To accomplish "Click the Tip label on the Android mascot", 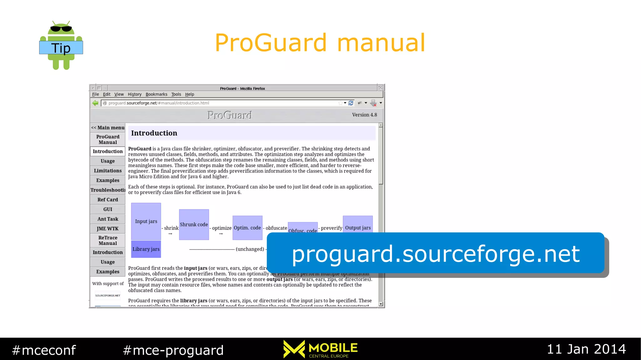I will click(61, 48).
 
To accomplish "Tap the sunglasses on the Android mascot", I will click(61, 29).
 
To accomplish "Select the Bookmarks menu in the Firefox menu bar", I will click(156, 94).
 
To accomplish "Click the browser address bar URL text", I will click(159, 103).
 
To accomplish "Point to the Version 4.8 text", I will click(364, 115).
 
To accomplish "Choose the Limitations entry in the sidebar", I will click(108, 171).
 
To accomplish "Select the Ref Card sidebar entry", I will click(108, 200).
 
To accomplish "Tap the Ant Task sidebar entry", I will click(108, 219).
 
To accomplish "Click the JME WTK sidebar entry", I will click(108, 229).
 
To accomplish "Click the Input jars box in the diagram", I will click(146, 221).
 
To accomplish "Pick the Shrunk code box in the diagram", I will click(194, 224).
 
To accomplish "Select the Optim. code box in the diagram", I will click(247, 228).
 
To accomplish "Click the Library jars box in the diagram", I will click(146, 249).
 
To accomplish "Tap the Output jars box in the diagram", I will click(358, 224).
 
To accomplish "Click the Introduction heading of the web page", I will click(154, 133).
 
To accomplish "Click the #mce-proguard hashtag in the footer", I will click(173, 350).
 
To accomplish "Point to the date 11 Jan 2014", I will click(586, 349).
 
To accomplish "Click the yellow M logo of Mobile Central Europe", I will click(294, 349).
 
